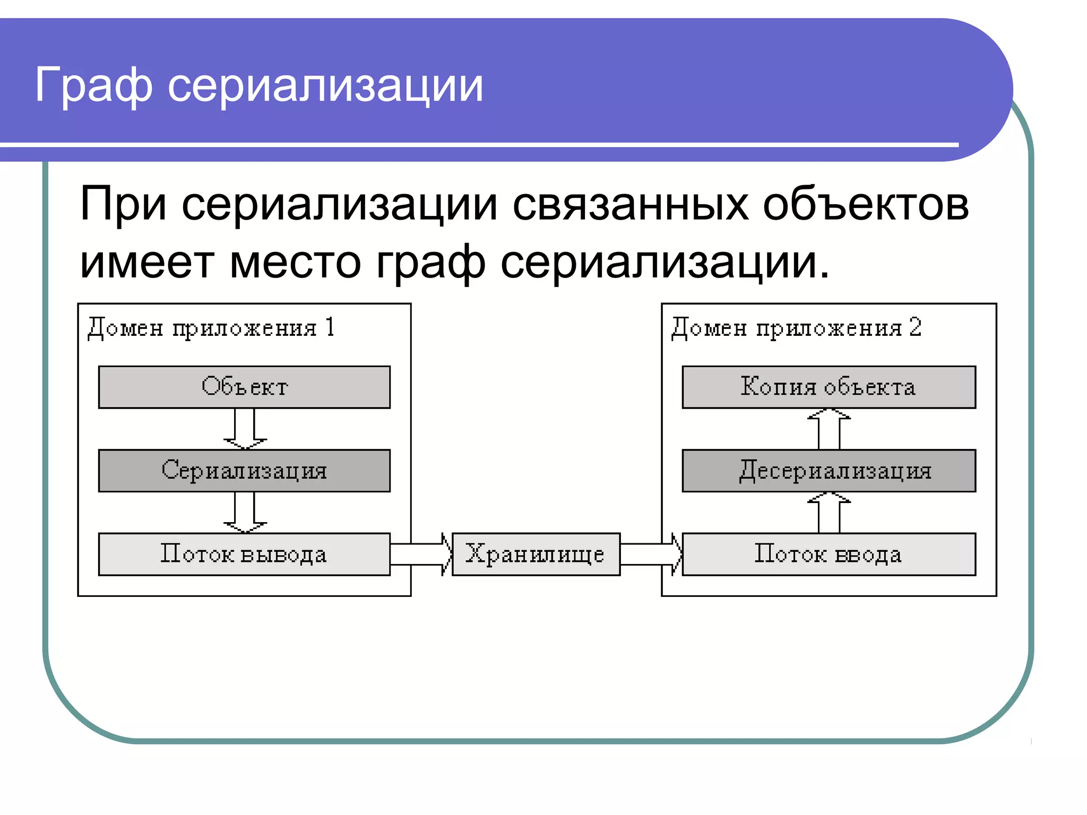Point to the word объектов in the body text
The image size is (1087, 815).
[x=866, y=205]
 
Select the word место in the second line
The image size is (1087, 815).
[x=295, y=263]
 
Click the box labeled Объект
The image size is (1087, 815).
[x=244, y=387]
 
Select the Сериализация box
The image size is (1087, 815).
[x=244, y=471]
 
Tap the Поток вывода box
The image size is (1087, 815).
[x=244, y=554]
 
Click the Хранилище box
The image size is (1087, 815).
[x=536, y=554]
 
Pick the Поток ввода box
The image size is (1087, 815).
[x=829, y=554]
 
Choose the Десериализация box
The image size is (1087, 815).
[x=829, y=471]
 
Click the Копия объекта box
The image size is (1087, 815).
[x=829, y=387]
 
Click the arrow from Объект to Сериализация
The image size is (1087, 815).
[x=245, y=429]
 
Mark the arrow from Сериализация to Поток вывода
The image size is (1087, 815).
[x=245, y=512]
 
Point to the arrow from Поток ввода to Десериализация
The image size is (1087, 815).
[x=829, y=513]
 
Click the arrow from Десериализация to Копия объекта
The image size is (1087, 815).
[x=829, y=429]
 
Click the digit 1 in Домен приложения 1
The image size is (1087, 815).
[x=330, y=327]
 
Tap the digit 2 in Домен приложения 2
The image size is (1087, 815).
[x=915, y=327]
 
